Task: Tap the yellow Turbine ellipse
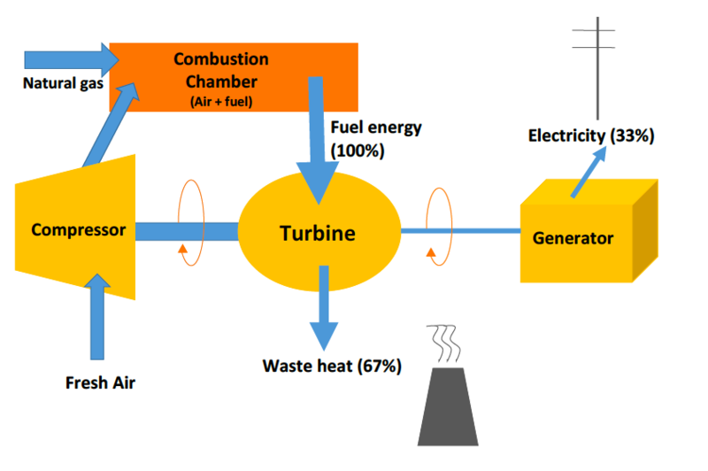(x=318, y=234)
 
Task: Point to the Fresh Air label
(x=101, y=383)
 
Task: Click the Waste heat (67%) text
(x=332, y=366)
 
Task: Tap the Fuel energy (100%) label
(x=375, y=139)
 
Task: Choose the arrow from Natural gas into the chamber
(x=71, y=58)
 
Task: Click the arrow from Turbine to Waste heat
(x=324, y=310)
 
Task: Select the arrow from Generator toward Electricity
(x=589, y=168)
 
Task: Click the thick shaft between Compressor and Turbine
(x=187, y=231)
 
